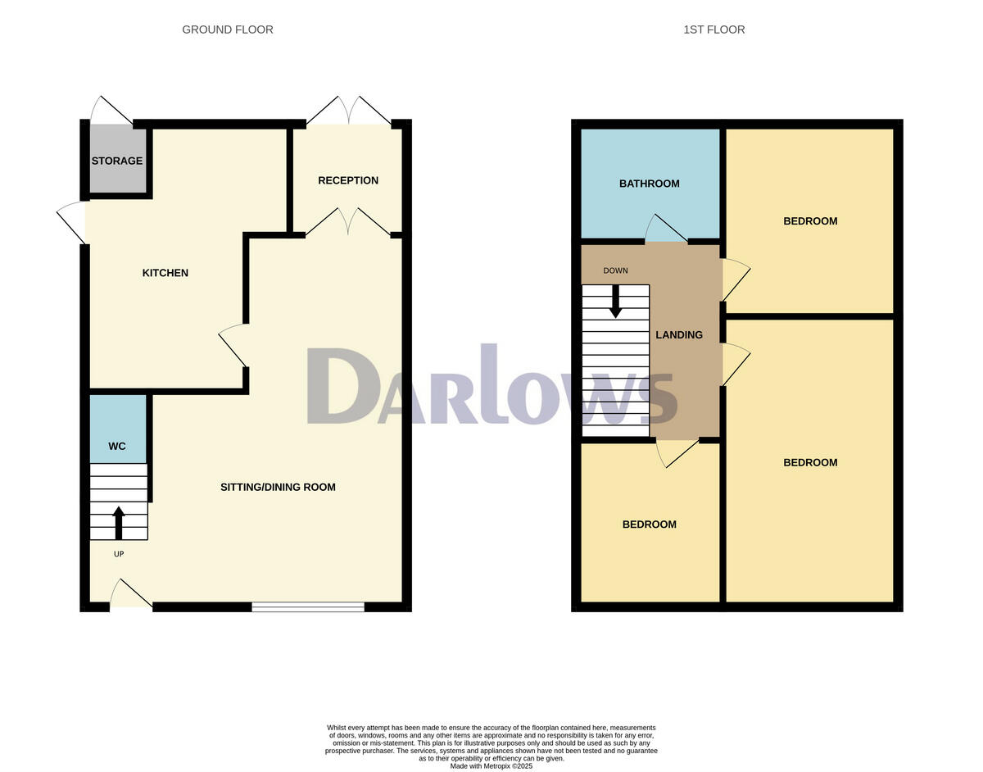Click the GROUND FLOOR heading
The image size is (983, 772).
228,30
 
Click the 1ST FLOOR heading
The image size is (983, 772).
714,30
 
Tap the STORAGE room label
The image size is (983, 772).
117,161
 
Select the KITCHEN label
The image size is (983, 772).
165,273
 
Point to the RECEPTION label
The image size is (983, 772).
348,180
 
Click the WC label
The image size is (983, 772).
117,447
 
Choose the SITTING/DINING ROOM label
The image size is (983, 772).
278,487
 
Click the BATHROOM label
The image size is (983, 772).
649,184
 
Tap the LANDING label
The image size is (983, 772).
679,334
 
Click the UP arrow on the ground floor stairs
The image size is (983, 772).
119,522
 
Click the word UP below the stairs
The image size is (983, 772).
119,554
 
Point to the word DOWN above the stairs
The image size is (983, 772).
615,270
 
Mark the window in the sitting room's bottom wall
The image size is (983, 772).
308,606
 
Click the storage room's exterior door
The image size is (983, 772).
111,111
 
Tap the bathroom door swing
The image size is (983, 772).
665,229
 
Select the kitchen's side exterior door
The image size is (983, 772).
73,222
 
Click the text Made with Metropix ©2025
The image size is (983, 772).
491,766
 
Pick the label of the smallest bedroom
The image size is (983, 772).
649,525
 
